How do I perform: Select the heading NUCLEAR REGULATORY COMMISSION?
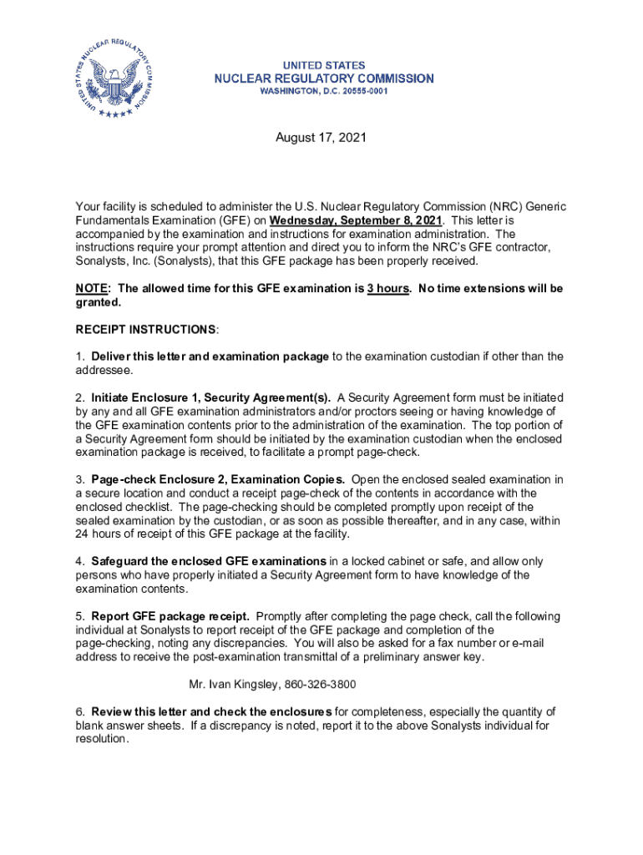coord(324,78)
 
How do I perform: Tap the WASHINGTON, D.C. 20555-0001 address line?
coord(324,91)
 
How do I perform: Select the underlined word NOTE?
coord(91,288)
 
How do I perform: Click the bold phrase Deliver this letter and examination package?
coord(210,357)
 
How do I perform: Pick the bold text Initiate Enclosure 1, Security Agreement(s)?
coord(211,397)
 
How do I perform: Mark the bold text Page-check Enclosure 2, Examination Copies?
coord(218,479)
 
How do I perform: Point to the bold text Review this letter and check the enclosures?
coord(212,711)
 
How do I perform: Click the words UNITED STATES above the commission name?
coord(324,65)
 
